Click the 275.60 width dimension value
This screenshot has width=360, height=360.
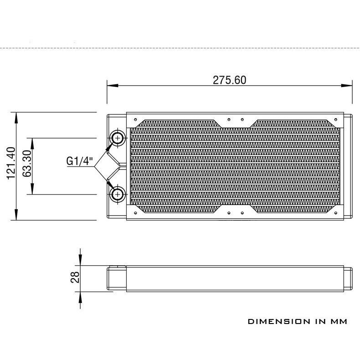click(x=229, y=80)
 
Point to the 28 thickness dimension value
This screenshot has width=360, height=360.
click(x=75, y=277)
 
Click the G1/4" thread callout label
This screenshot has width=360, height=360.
click(x=80, y=161)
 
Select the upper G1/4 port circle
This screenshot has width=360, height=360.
click(x=118, y=138)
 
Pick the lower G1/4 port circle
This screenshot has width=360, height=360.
click(x=118, y=195)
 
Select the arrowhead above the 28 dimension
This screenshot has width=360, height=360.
click(x=80, y=262)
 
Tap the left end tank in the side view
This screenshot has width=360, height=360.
click(x=116, y=278)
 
